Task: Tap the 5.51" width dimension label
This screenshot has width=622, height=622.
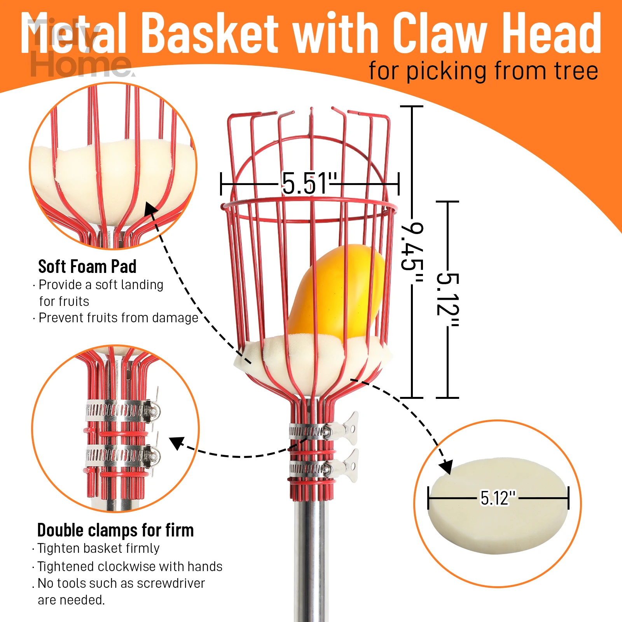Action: pyautogui.click(x=309, y=183)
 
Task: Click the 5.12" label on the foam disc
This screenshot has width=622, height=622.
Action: pyautogui.click(x=498, y=498)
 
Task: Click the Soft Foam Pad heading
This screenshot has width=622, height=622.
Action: pyautogui.click(x=87, y=267)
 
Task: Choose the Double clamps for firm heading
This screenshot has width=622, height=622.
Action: pyautogui.click(x=115, y=530)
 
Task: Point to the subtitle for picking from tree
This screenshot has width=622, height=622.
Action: pyautogui.click(x=483, y=71)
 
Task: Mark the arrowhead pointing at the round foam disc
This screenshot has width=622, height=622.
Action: pyautogui.click(x=447, y=466)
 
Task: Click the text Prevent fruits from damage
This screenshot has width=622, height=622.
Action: pyautogui.click(x=119, y=318)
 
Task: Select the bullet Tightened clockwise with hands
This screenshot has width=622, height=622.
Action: pyautogui.click(x=130, y=566)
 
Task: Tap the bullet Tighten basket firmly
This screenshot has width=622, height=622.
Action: pyautogui.click(x=98, y=548)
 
